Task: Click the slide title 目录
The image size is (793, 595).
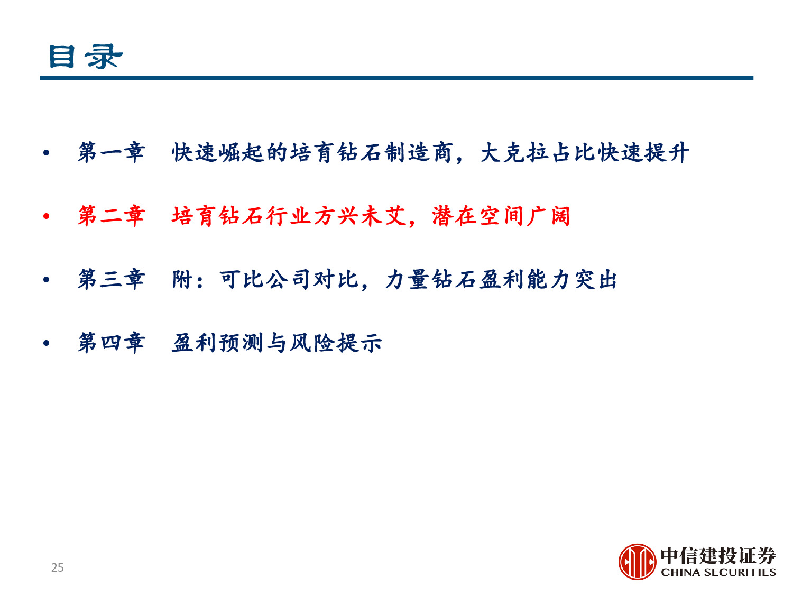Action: point(85,57)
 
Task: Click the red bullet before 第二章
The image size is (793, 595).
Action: point(47,216)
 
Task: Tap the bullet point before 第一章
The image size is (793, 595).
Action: point(47,153)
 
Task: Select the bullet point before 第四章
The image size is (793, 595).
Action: point(47,343)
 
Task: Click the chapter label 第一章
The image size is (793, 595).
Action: point(112,153)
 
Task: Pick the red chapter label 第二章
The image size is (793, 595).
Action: point(112,216)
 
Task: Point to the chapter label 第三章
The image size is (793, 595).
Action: point(112,279)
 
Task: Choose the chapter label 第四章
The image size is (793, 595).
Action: point(112,343)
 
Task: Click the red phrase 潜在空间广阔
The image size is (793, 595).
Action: point(501,216)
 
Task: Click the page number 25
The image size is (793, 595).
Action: point(57,567)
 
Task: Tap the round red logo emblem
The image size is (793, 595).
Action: point(637,562)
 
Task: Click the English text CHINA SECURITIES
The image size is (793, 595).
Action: point(718,572)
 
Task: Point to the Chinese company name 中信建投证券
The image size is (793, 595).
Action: point(718,555)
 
